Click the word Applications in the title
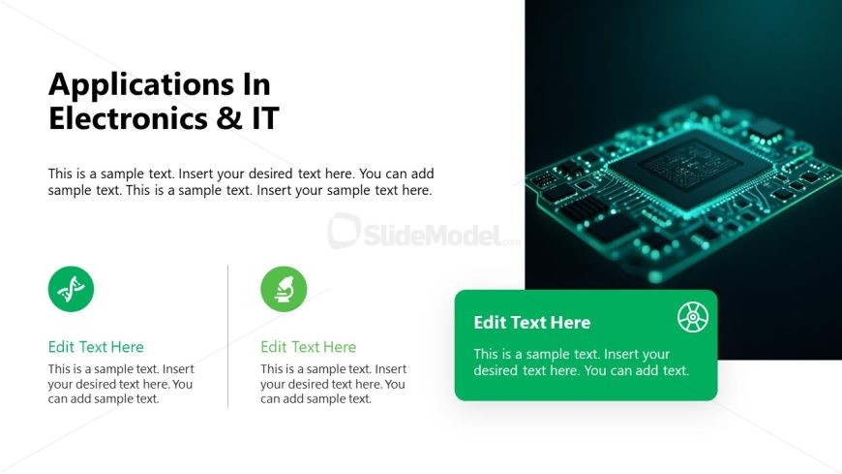pyautogui.click(x=132, y=85)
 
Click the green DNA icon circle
pyautogui.click(x=71, y=289)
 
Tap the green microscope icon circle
pyautogui.click(x=284, y=289)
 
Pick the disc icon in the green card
pyautogui.click(x=693, y=316)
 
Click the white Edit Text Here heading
pyautogui.click(x=531, y=323)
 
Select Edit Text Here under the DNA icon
pyautogui.click(x=96, y=347)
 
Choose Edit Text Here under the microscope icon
pyautogui.click(x=308, y=347)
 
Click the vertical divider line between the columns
pyautogui.click(x=228, y=335)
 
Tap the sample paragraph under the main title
pyautogui.click(x=240, y=182)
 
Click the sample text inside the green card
pyautogui.click(x=581, y=363)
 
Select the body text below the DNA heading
pyautogui.click(x=121, y=384)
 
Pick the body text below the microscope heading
pyautogui.click(x=333, y=384)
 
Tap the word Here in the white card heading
pyautogui.click(x=569, y=323)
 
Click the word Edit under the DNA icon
pyautogui.click(x=61, y=347)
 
